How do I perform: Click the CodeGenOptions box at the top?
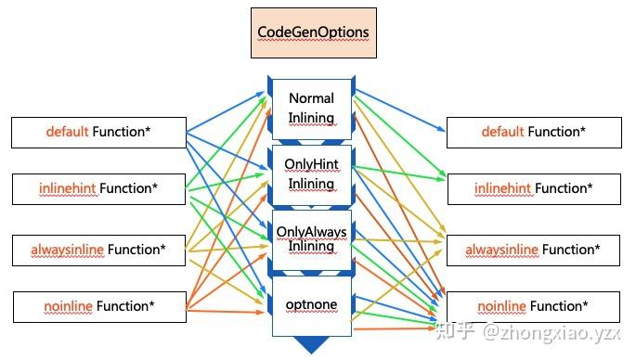pyautogui.click(x=313, y=32)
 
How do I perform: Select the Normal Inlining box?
pyautogui.click(x=311, y=108)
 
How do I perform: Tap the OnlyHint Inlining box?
pyautogui.click(x=311, y=174)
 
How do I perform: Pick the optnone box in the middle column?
pyautogui.click(x=311, y=304)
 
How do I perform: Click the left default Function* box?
pyautogui.click(x=98, y=133)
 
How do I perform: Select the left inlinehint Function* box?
pyautogui.click(x=98, y=189)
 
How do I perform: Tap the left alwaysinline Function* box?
pyautogui.click(x=98, y=250)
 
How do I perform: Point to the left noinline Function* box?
pyautogui.click(x=98, y=306)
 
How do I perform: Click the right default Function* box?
pyautogui.click(x=533, y=133)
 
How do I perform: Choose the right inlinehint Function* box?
pyautogui.click(x=533, y=189)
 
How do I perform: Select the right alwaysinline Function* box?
pyautogui.click(x=533, y=250)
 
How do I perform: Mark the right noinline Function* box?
pyautogui.click(x=533, y=306)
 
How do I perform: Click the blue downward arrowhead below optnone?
pyautogui.click(x=312, y=345)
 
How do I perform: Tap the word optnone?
pyautogui.click(x=312, y=304)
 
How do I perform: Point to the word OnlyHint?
pyautogui.click(x=311, y=165)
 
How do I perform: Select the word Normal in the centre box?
pyautogui.click(x=311, y=98)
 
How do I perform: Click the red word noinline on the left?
pyautogui.click(x=68, y=306)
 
